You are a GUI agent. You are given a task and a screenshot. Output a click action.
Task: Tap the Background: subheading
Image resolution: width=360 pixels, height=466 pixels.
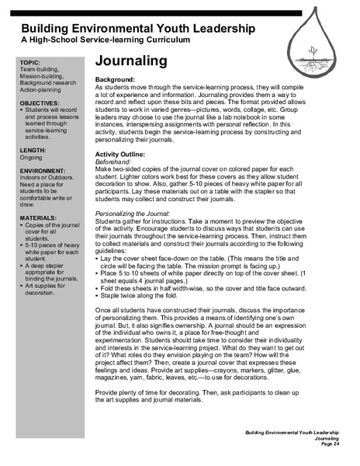tap(119, 81)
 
